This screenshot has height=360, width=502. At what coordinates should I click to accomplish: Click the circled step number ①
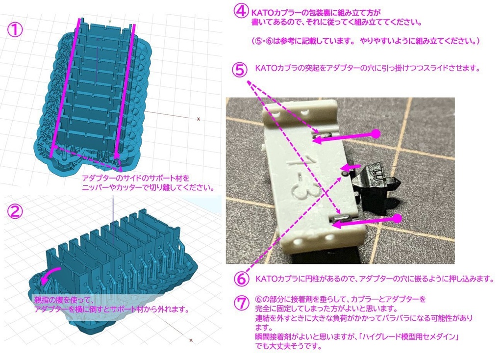(15, 30)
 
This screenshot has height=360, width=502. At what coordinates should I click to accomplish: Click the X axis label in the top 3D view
(198, 119)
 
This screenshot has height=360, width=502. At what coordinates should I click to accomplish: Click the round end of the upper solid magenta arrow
(376, 133)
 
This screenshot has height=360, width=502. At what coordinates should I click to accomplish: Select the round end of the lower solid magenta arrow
(397, 217)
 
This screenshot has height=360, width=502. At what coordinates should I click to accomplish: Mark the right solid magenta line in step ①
(126, 88)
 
